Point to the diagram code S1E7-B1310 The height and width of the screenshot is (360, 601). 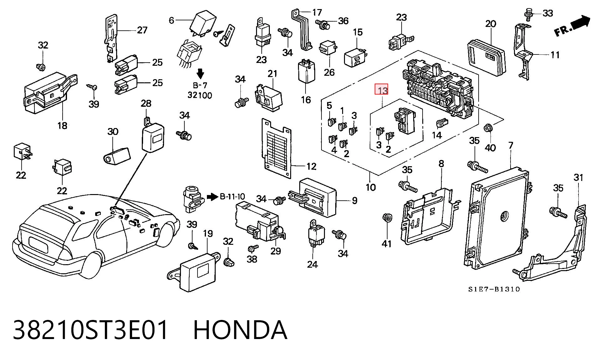tap(494, 289)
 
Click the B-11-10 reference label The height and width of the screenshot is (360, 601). tap(232, 197)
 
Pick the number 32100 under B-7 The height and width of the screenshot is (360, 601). tap(200, 95)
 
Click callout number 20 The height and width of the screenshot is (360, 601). tap(491, 24)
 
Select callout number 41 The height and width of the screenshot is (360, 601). tap(387, 243)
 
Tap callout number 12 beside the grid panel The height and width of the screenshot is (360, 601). tap(311, 166)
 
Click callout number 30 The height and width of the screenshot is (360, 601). tap(113, 131)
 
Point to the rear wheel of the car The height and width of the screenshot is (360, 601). tap(93, 265)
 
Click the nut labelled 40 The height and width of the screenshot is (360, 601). tap(489, 128)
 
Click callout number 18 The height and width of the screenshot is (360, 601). tap(62, 126)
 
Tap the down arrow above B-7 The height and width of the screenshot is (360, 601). tap(200, 74)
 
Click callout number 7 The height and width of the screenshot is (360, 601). tap(511, 146)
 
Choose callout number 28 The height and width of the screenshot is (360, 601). tap(146, 103)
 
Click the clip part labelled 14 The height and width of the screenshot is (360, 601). tap(440, 123)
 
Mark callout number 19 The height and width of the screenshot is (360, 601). tap(208, 234)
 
